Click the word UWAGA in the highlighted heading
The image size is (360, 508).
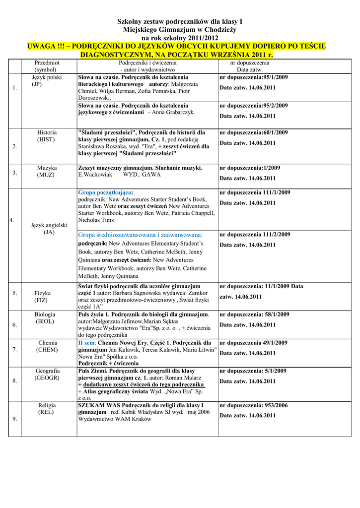click(x=42, y=46)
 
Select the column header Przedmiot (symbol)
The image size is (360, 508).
click(x=47, y=66)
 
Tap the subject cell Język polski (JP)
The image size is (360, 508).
click(x=47, y=81)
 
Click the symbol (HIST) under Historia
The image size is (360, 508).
click(x=47, y=140)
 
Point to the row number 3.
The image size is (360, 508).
click(x=14, y=173)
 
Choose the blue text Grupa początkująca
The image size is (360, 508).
click(x=105, y=192)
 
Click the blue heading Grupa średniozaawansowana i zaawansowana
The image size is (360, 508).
click(x=141, y=235)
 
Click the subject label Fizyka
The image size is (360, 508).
click(x=43, y=293)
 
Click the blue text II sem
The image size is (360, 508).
click(x=86, y=343)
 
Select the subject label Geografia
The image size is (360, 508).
click(x=47, y=371)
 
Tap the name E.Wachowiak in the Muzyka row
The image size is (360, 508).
click(x=95, y=175)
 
